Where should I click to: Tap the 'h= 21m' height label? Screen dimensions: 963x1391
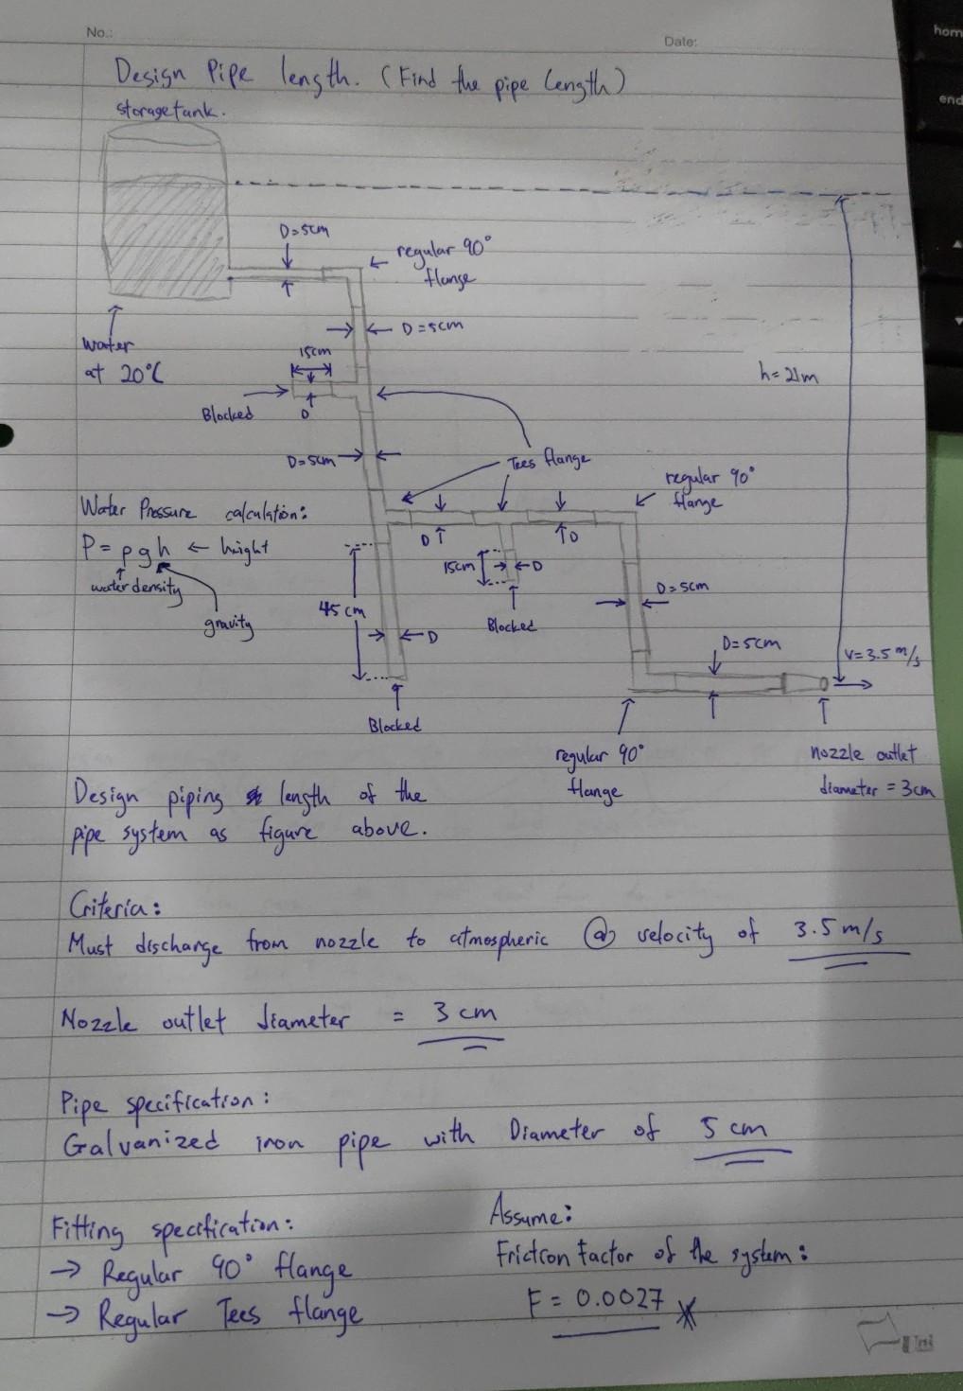(788, 376)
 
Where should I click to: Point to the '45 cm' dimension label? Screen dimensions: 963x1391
(341, 610)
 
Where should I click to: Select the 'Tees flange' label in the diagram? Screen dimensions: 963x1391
(549, 461)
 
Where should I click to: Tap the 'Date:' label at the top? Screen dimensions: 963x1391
(680, 42)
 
